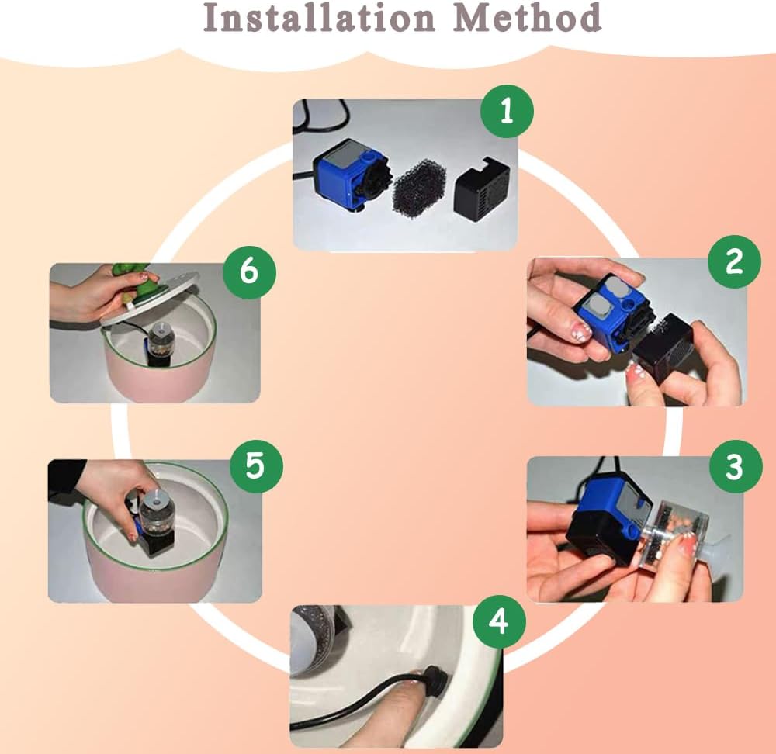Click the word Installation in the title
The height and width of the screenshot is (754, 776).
pyautogui.click(x=319, y=17)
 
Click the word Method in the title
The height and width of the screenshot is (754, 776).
pyautogui.click(x=527, y=17)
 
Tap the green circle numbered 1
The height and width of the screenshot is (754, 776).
pyautogui.click(x=508, y=111)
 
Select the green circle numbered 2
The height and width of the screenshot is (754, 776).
pyautogui.click(x=734, y=261)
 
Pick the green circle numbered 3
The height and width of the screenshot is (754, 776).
pyautogui.click(x=736, y=466)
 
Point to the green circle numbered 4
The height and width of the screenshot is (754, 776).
pyautogui.click(x=499, y=621)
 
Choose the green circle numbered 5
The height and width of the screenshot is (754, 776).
pyautogui.click(x=256, y=466)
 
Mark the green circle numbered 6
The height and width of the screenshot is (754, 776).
pyautogui.click(x=249, y=272)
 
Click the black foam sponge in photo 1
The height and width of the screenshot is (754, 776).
pyautogui.click(x=419, y=186)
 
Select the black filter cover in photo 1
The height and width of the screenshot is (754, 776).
pyautogui.click(x=482, y=185)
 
